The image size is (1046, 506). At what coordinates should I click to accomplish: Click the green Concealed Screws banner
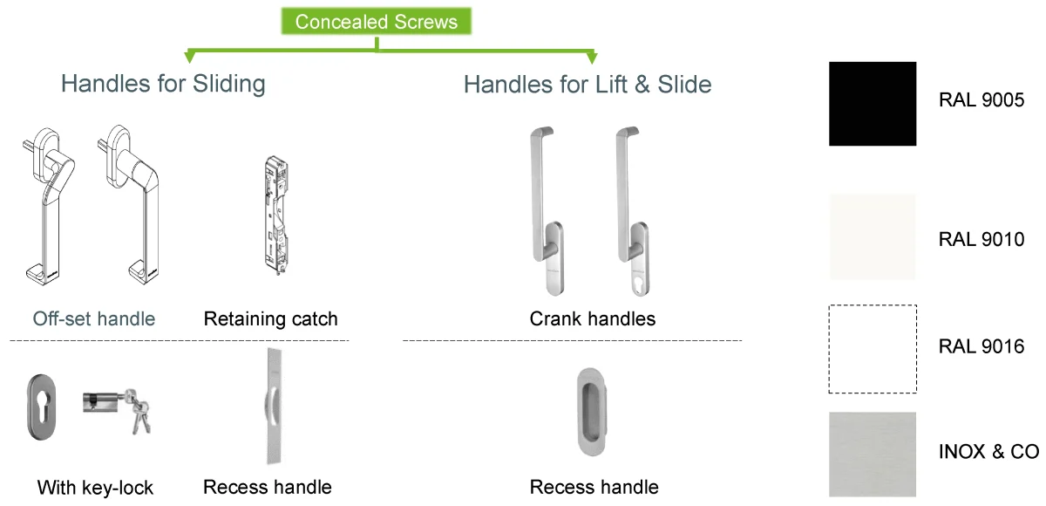[377, 22]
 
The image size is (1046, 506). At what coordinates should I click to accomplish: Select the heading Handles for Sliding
[163, 84]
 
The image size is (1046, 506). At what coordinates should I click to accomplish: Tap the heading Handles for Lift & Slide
[588, 85]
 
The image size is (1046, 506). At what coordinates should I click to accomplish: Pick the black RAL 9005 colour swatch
[873, 104]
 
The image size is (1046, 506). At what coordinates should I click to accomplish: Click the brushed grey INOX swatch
[873, 455]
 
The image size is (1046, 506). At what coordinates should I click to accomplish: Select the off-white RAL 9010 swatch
[873, 237]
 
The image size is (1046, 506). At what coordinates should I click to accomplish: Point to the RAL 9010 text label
[981, 239]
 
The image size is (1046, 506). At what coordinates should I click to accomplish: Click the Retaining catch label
[270, 319]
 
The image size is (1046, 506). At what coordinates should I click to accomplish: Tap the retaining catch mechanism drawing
[276, 215]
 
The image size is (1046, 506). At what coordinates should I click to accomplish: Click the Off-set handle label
[93, 318]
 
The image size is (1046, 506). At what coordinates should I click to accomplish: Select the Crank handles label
[592, 318]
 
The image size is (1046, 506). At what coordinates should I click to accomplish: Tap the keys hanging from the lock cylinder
[138, 410]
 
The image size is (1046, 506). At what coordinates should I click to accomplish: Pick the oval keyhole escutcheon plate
[42, 407]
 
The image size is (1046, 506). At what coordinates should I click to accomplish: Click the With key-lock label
[95, 488]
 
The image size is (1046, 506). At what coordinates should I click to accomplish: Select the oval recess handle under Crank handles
[592, 412]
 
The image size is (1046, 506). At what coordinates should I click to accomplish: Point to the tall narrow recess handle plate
[275, 407]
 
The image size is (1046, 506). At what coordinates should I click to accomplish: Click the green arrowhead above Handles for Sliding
[189, 57]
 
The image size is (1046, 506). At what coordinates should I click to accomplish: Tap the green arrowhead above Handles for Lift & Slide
[592, 58]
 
